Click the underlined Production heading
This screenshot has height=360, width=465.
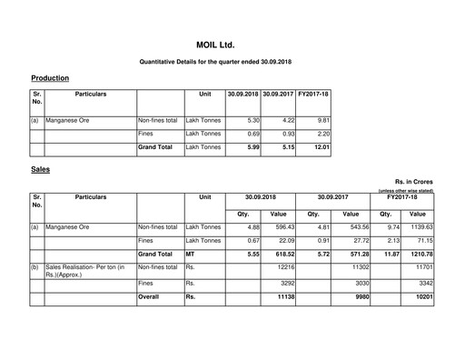(x=50, y=78)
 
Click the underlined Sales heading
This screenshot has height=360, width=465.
(x=41, y=169)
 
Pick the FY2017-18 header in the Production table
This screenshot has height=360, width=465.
(x=313, y=94)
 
